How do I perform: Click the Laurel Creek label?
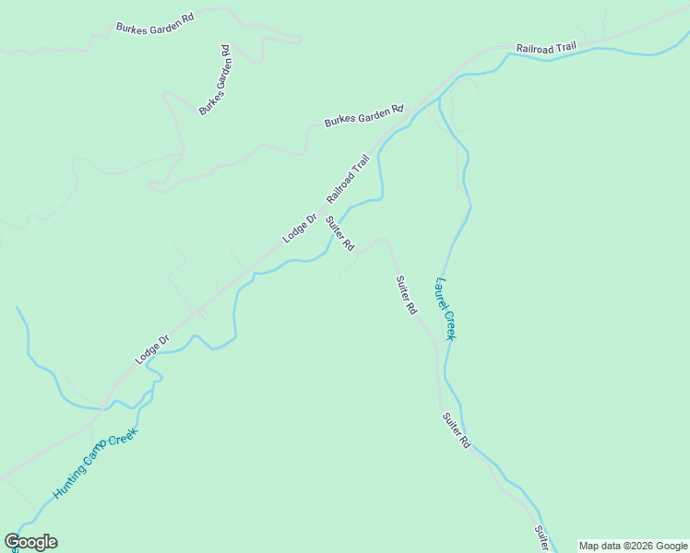(x=446, y=309)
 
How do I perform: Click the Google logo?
(x=30, y=542)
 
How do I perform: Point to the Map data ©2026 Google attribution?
(x=633, y=546)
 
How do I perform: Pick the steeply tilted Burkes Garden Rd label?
(x=215, y=80)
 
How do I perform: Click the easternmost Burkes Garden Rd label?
(x=363, y=115)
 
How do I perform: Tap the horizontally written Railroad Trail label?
(x=545, y=47)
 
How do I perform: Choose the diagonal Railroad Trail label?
(x=353, y=179)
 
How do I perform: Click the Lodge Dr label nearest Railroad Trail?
(x=299, y=229)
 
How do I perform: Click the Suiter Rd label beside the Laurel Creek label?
(x=406, y=296)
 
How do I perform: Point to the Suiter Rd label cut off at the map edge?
(x=542, y=538)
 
